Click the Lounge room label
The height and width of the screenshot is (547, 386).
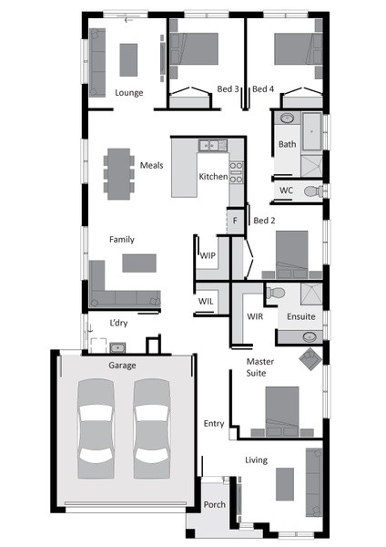[x=129, y=93]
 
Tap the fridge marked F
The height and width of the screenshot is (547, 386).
[x=235, y=221]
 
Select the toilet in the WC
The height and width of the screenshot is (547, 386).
[x=313, y=191]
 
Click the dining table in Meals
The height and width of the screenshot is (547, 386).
[x=118, y=174]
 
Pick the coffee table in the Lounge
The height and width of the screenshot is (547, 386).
[x=128, y=59]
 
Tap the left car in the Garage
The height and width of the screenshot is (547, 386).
[x=96, y=428]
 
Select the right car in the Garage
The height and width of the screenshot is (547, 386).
[x=152, y=428]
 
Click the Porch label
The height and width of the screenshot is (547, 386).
[x=214, y=505]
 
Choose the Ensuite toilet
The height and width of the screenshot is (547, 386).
[x=275, y=293]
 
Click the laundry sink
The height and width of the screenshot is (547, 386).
[x=117, y=347]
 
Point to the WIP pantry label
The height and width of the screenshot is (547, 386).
[x=208, y=255]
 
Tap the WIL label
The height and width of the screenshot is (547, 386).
[x=206, y=301]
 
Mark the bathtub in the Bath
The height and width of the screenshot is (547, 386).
[x=311, y=131]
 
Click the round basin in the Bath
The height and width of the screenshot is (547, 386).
[x=287, y=118]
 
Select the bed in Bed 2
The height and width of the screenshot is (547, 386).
[x=292, y=254]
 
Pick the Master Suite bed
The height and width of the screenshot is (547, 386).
[x=282, y=412]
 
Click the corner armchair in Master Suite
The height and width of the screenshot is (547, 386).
[x=310, y=359]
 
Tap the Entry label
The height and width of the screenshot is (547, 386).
[x=214, y=424]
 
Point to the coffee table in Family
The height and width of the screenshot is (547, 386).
[x=139, y=263]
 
